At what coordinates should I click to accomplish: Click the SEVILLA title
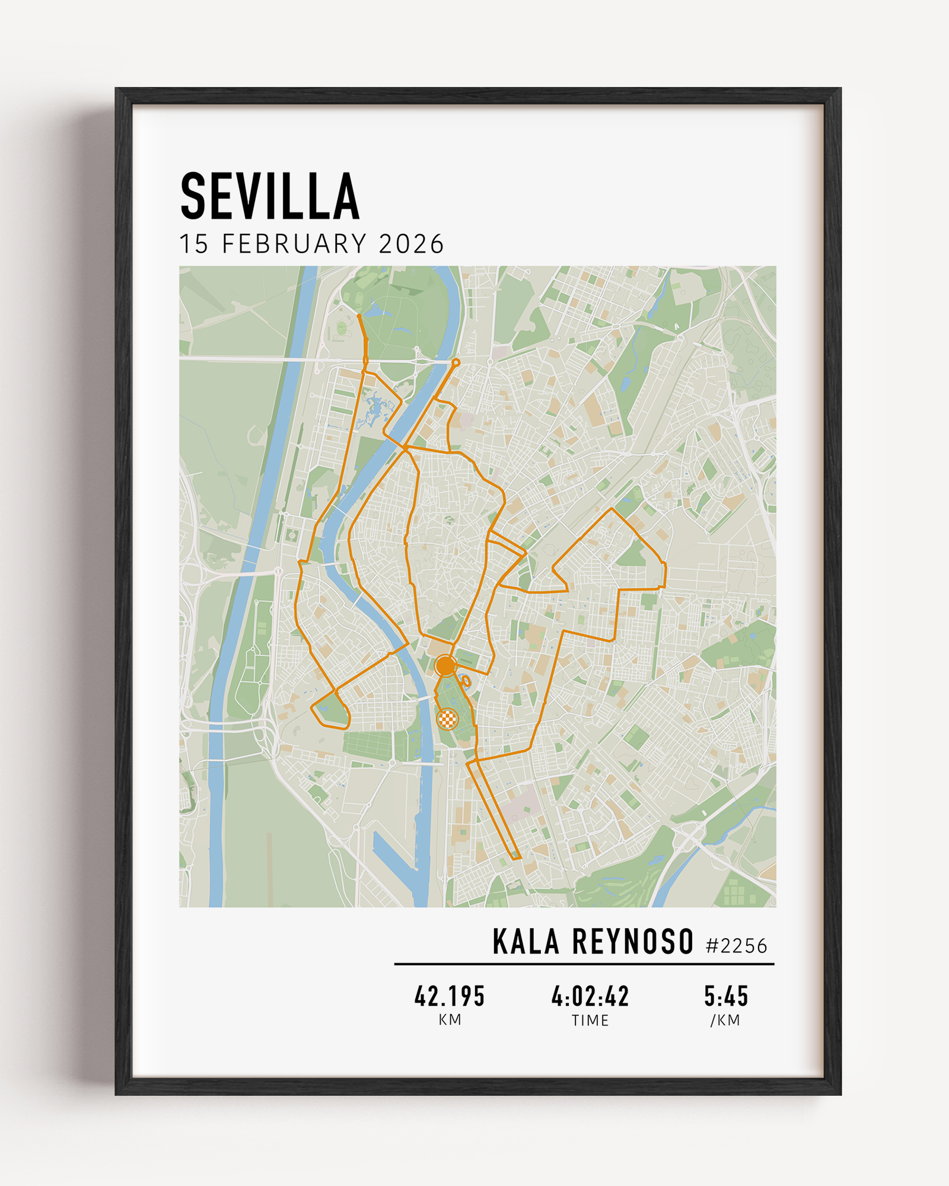(x=270, y=196)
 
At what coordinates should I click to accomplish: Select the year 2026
(x=411, y=244)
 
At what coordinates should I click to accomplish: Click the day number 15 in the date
(x=194, y=244)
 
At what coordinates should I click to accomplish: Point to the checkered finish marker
(x=447, y=719)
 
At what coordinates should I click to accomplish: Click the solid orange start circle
(x=445, y=666)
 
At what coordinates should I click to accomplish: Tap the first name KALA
(x=526, y=942)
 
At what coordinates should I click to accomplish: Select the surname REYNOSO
(x=633, y=942)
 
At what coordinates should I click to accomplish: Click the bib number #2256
(x=736, y=946)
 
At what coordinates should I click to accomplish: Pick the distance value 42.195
(x=450, y=996)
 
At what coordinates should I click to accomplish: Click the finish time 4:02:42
(x=590, y=996)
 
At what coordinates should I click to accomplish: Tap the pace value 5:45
(x=726, y=996)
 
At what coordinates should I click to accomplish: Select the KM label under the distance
(x=450, y=1020)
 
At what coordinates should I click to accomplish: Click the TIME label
(x=590, y=1020)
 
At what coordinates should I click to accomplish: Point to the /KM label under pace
(x=725, y=1020)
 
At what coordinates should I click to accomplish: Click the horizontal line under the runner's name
(x=584, y=964)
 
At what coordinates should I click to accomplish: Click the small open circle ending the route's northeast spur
(x=456, y=362)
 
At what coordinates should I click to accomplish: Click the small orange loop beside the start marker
(x=466, y=681)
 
